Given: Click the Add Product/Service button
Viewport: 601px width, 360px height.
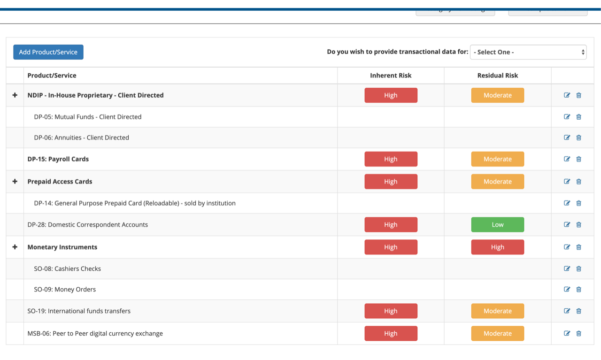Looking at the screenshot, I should [x=48, y=52].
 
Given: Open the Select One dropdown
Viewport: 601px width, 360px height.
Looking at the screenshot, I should [x=528, y=52].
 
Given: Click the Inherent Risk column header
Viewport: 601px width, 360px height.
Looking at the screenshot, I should [x=391, y=75].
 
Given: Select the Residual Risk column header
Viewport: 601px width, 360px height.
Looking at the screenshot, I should [x=498, y=75].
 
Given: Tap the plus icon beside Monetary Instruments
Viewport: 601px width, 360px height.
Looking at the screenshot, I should [x=15, y=247].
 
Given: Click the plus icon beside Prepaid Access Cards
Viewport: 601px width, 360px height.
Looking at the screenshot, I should [x=15, y=181].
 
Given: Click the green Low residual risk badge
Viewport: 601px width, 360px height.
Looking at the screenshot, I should [x=498, y=224].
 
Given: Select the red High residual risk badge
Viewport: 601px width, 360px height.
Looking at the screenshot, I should [x=498, y=247].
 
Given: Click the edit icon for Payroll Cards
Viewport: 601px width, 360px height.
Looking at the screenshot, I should [x=567, y=159].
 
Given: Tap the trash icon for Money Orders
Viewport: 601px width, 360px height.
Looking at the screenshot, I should [x=578, y=289].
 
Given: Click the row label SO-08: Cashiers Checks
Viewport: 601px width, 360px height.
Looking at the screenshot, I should [x=68, y=268].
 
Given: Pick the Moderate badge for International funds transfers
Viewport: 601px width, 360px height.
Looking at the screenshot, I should [x=498, y=311].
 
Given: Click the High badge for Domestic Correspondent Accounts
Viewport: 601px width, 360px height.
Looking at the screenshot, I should [x=391, y=224].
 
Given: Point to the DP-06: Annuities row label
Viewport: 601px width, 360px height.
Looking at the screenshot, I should [x=82, y=138].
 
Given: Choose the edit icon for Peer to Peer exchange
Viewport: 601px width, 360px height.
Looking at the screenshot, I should [x=567, y=333].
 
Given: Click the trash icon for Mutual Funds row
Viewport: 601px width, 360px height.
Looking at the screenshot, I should [x=578, y=117].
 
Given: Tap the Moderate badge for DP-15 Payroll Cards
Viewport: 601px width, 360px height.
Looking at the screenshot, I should [x=498, y=159].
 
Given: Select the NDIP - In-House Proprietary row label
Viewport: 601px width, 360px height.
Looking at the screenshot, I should [x=96, y=95].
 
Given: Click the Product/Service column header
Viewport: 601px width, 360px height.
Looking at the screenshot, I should [x=52, y=75].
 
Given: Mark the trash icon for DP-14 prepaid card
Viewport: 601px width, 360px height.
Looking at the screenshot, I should [x=578, y=203].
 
